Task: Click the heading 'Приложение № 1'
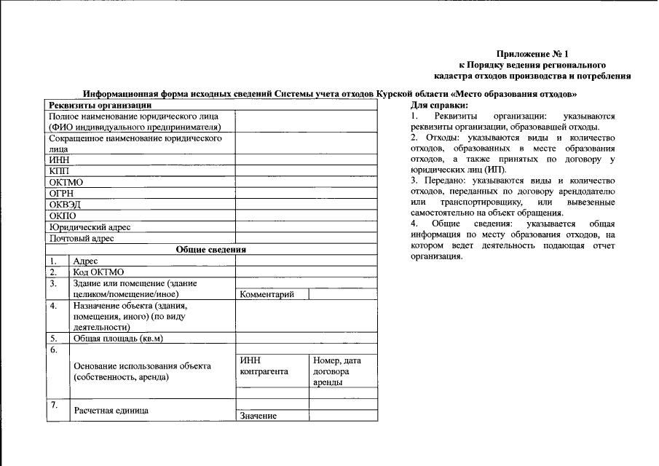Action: click(532, 54)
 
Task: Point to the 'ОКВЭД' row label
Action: click(64, 205)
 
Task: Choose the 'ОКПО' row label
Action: click(62, 216)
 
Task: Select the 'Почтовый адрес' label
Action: click(82, 238)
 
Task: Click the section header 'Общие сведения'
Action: click(211, 249)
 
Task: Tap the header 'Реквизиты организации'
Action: click(99, 105)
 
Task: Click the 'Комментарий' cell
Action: click(267, 294)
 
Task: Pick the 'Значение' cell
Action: click(258, 416)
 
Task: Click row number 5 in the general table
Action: click(53, 339)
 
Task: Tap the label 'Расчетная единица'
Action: click(111, 410)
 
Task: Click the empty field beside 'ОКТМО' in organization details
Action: click(305, 181)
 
